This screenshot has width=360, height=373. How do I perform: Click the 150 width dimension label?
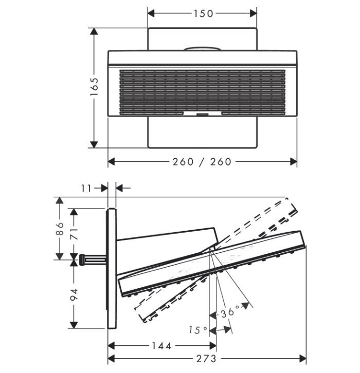[203, 13]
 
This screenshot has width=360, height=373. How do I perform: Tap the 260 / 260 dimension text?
[202, 162]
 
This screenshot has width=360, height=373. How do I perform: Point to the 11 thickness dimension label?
[86, 189]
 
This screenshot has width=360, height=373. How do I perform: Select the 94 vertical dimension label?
[74, 294]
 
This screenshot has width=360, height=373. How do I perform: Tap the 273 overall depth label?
[206, 359]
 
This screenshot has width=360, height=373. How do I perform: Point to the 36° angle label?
[230, 312]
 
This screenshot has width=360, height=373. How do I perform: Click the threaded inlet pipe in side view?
[92, 259]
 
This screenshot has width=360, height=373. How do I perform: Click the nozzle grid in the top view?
[202, 90]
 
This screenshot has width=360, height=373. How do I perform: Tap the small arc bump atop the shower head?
[204, 49]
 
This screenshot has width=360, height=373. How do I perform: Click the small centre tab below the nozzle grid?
[202, 114]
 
